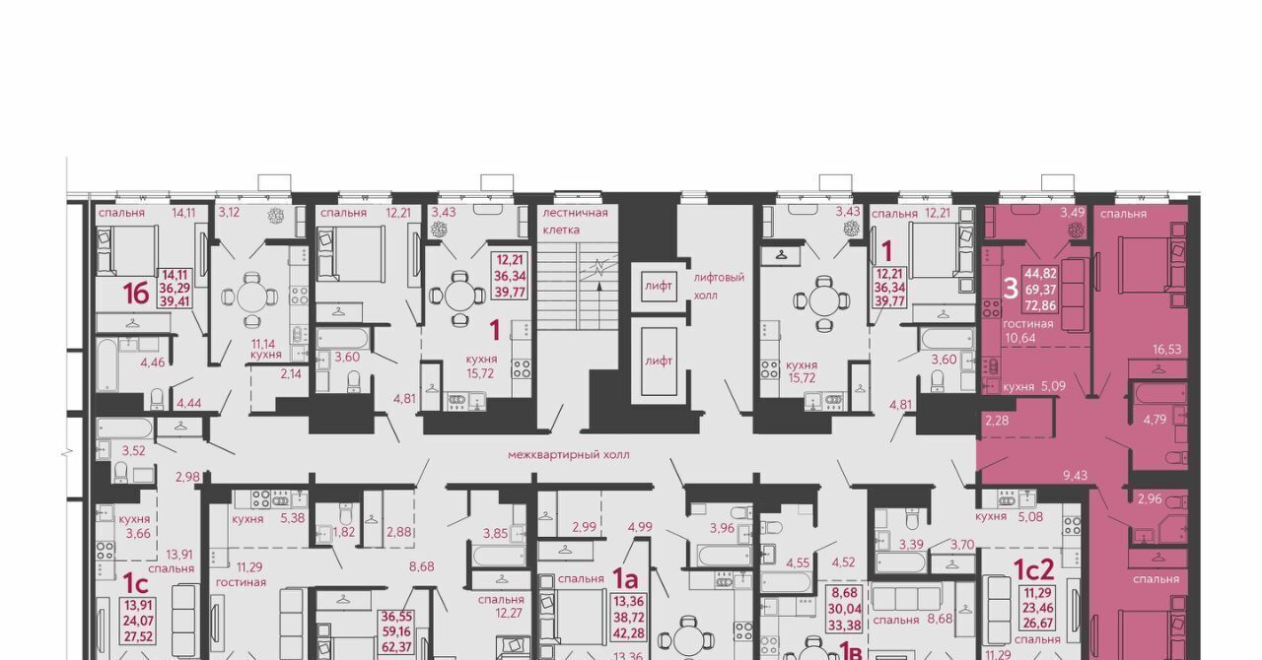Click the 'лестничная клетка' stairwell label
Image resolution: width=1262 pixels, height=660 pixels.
pos(575,222)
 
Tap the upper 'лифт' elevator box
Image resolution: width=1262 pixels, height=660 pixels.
pos(659,286)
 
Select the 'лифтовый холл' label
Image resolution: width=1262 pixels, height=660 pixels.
pos(719,286)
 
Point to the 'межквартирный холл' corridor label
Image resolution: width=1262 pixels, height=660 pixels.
pos(569,454)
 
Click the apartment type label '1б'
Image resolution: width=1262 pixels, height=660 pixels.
pos(136,294)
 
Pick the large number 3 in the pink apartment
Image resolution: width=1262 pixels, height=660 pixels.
pos(1012,289)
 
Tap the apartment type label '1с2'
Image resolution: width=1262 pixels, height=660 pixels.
pos(1034,569)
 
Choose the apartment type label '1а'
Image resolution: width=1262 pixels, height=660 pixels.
pos(625,578)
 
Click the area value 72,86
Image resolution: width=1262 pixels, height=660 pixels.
pos(1040,305)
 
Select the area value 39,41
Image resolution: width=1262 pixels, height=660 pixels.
pos(175,301)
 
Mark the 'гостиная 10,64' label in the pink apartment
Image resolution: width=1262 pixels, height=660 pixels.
pos(1027,331)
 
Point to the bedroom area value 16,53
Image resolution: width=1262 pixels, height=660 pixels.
pos(1166,349)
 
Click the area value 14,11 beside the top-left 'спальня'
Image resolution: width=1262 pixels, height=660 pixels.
pos(183,213)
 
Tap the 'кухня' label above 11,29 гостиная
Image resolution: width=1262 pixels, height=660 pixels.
pos(247,519)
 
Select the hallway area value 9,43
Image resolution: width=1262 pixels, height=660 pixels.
pos(1075,475)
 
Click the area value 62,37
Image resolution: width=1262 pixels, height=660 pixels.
pos(396,647)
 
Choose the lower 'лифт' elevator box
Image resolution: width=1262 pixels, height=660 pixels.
pos(659,361)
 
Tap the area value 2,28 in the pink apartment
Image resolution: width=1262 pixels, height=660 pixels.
pos(997,420)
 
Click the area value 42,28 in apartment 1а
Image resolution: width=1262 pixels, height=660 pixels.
pos(629,633)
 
